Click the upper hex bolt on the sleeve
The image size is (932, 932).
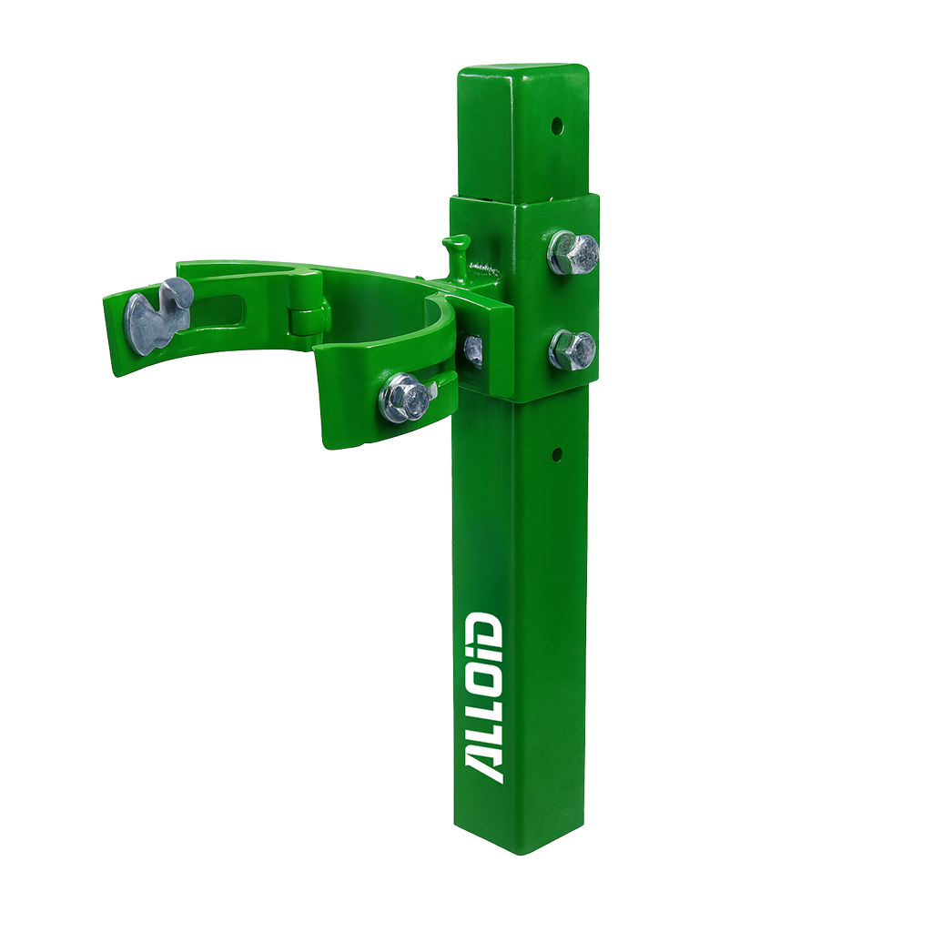[x=572, y=252]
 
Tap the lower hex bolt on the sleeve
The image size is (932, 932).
[x=572, y=350]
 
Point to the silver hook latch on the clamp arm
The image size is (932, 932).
[x=157, y=316]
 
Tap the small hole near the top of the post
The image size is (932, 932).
[x=557, y=126]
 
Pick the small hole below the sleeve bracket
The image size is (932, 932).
[x=557, y=455]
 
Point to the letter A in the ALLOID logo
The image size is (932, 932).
[x=484, y=765]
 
